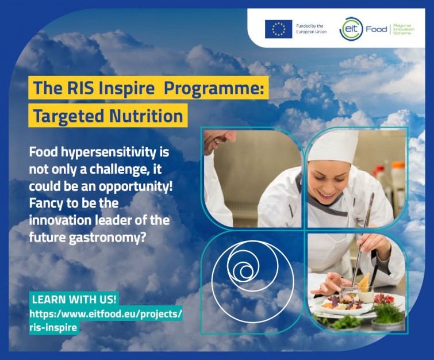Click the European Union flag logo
(278, 29)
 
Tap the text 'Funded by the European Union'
(312, 29)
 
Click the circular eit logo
(351, 29)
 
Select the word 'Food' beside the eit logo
(377, 29)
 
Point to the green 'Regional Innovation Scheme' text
(404, 29)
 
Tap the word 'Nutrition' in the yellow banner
(146, 116)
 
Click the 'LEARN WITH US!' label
(74, 300)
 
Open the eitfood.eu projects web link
(106, 321)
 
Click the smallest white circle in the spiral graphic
(246, 271)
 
